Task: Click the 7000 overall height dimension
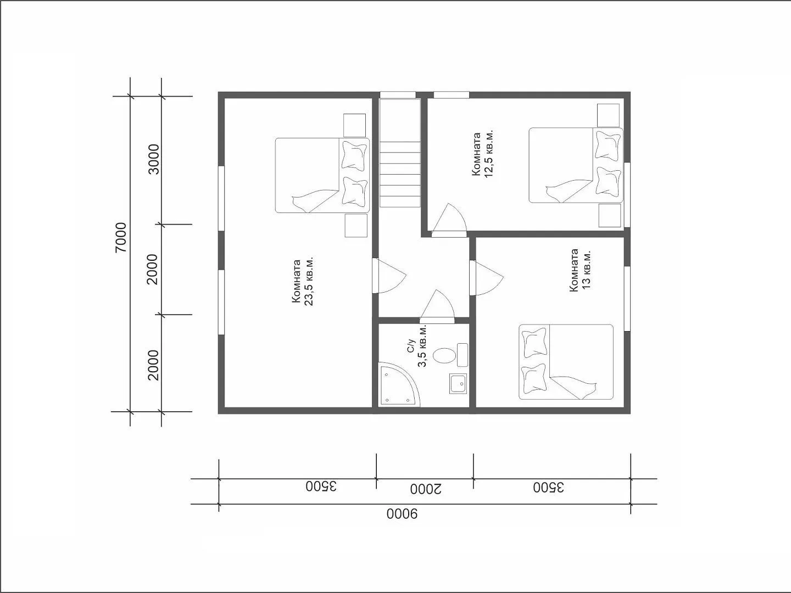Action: [121, 237]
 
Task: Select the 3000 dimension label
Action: [154, 159]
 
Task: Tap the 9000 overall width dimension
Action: [402, 514]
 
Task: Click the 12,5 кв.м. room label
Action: [483, 154]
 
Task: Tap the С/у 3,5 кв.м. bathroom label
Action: [416, 346]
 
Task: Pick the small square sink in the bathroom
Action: [458, 383]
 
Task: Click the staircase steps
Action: [400, 174]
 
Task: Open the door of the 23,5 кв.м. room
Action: [390, 276]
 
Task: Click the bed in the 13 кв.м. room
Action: [566, 362]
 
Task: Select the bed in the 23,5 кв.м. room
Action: [322, 175]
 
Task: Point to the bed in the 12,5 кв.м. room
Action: [576, 165]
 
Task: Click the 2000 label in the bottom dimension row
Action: [426, 489]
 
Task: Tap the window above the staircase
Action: [398, 95]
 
